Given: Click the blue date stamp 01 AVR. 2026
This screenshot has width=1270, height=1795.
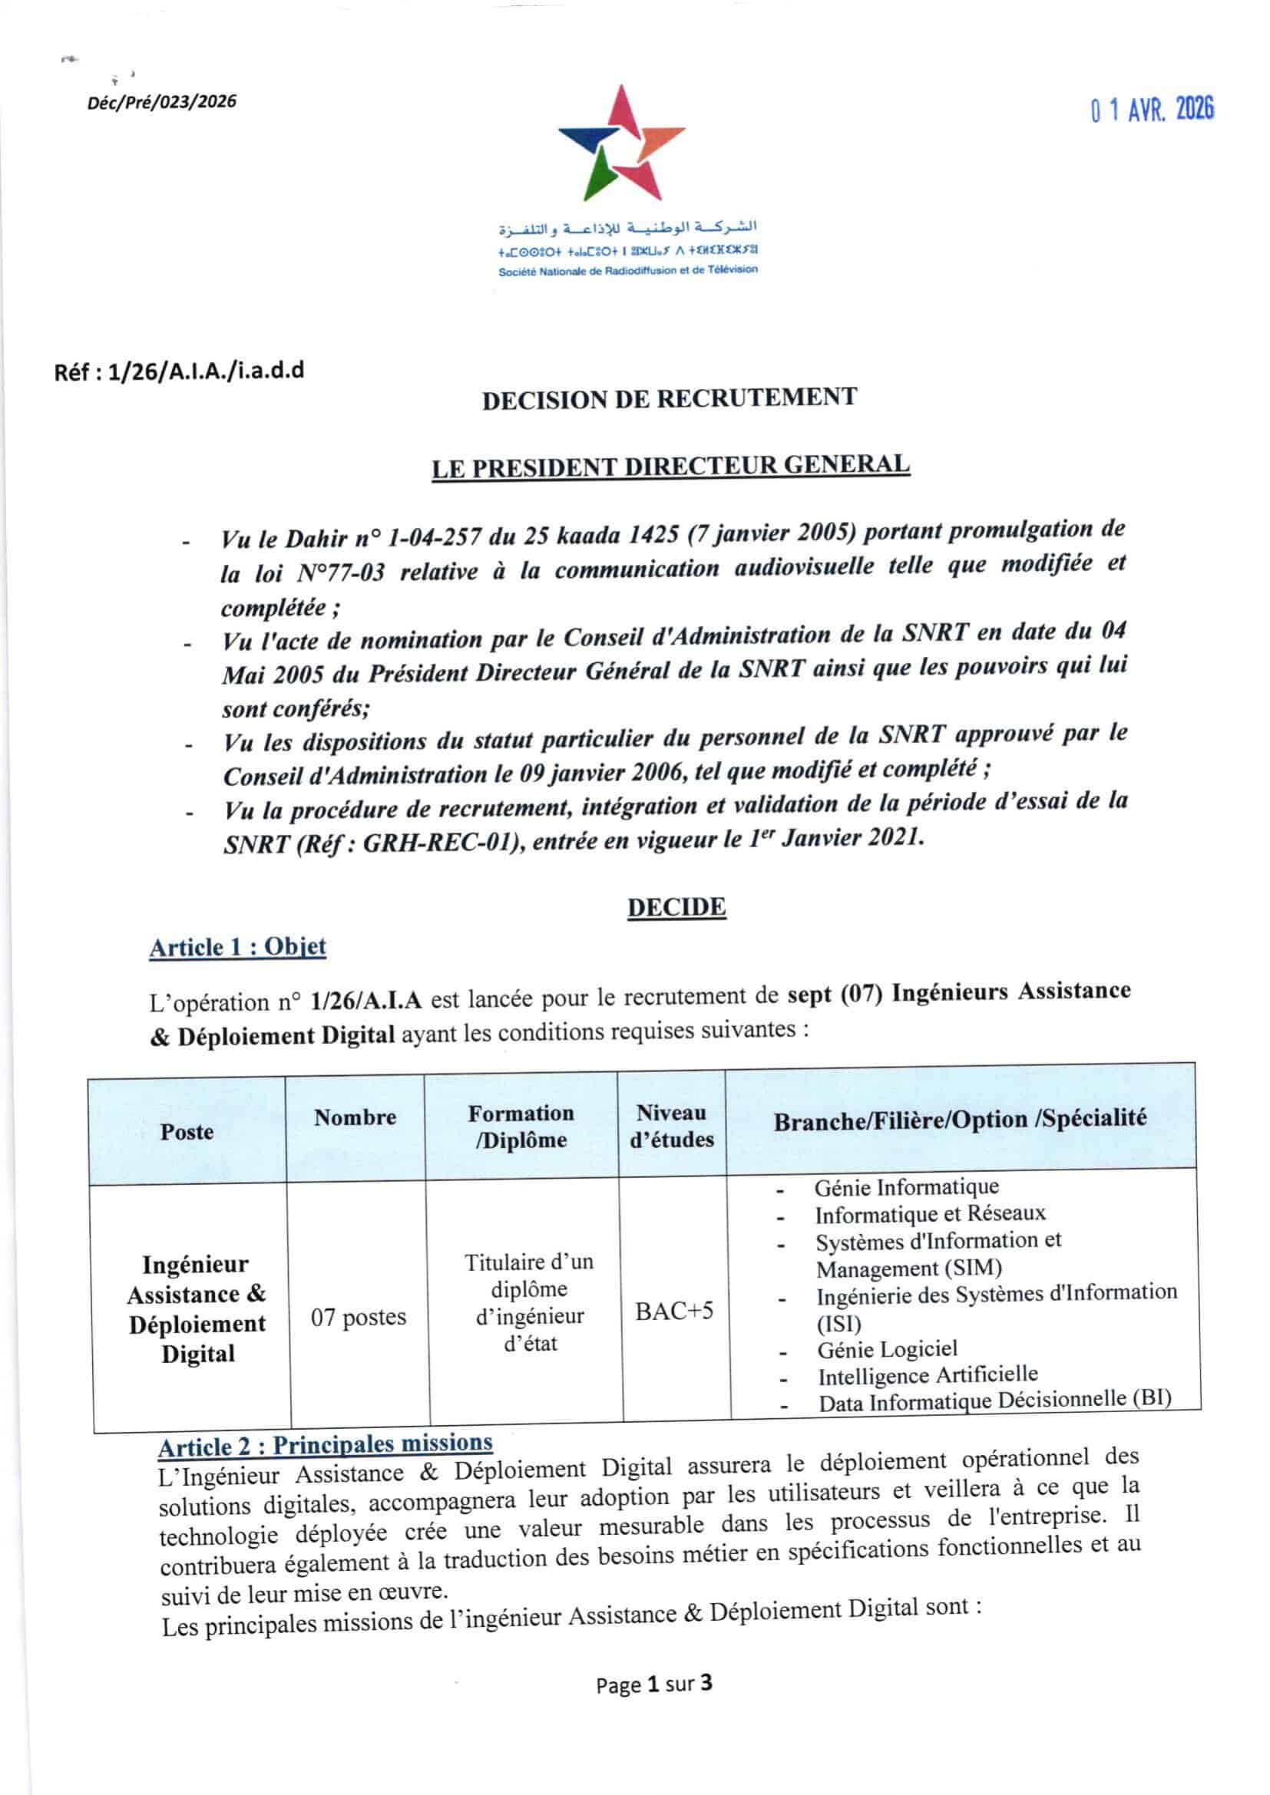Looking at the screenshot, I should [x=1152, y=110].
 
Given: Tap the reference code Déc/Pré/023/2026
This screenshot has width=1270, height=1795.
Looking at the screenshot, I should [x=162, y=101].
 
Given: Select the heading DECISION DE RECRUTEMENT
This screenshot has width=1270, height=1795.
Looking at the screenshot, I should [x=670, y=399].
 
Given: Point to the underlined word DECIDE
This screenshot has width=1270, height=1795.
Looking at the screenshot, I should [x=676, y=907].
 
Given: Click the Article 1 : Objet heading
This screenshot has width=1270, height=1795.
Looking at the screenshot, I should [x=237, y=948].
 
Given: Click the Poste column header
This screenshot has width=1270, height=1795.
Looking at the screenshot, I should [x=187, y=1131].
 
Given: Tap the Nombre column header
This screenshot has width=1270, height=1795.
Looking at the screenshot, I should [x=355, y=1117].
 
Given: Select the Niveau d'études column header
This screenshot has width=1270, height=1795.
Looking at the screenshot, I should [x=672, y=1126].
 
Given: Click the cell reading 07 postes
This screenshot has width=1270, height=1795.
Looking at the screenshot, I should [x=358, y=1318].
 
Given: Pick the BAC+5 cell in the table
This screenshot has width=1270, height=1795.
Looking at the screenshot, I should [x=674, y=1311].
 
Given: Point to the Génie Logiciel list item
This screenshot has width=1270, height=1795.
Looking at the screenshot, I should [x=887, y=1349].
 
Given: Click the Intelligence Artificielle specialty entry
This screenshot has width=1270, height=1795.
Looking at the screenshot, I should [x=928, y=1375].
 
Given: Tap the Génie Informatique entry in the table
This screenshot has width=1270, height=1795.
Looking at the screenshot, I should [x=906, y=1187].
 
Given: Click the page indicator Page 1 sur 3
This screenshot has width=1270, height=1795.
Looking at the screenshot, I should [x=653, y=1684].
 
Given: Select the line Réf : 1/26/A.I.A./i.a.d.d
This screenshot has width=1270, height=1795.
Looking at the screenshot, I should [x=179, y=371].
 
